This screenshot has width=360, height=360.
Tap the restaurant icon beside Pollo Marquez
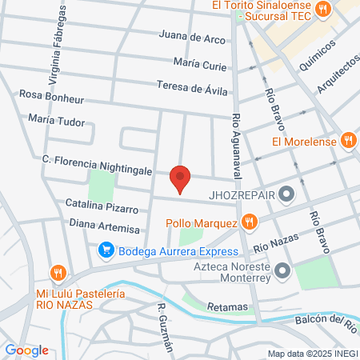250,222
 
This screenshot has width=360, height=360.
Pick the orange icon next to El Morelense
348,142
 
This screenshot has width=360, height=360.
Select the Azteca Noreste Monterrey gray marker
282,273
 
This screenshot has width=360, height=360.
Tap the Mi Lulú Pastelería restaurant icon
57,273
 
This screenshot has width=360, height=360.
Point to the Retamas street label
228,306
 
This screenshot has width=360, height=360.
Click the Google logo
27,350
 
